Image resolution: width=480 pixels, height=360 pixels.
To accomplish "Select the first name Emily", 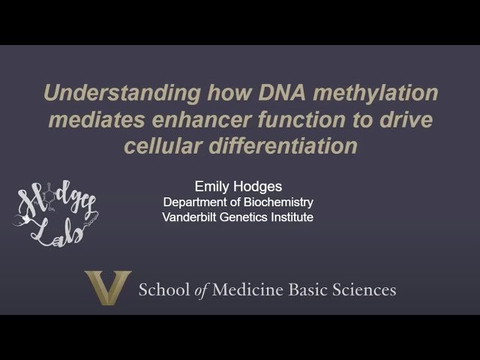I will click(x=211, y=187).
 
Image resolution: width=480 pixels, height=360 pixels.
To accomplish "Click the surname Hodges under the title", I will click(x=258, y=187).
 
